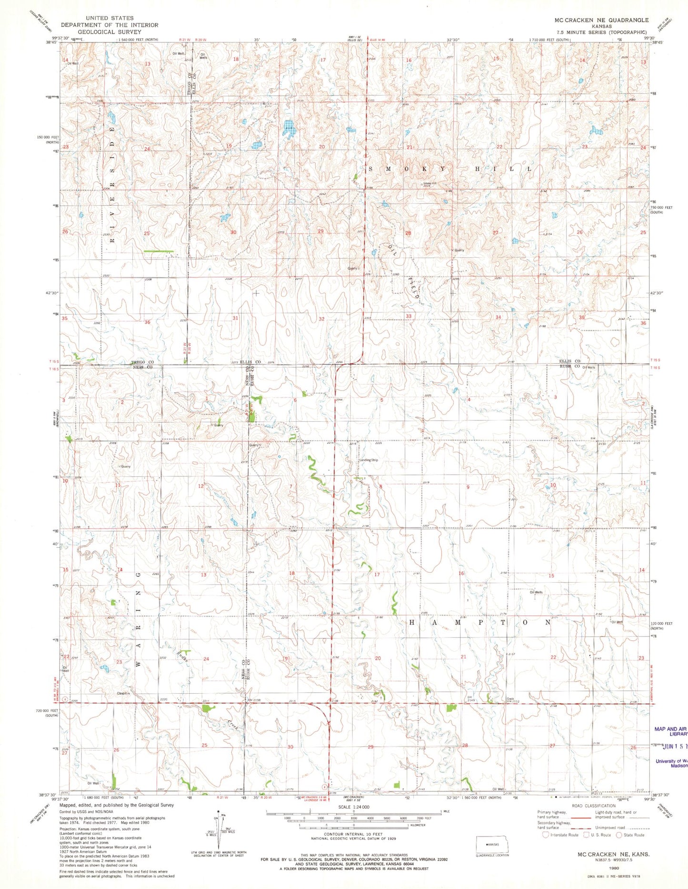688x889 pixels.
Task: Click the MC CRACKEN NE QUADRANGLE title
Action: tap(601, 20)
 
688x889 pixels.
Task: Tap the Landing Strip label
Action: tap(369, 460)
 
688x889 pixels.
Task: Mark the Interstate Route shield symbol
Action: tap(546, 835)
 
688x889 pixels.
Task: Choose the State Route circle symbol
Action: tap(619, 835)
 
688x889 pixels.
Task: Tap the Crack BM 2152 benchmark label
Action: tap(512, 701)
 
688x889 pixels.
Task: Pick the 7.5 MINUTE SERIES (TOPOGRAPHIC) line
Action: tap(601, 32)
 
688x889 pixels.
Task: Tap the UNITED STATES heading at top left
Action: tap(109, 18)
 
